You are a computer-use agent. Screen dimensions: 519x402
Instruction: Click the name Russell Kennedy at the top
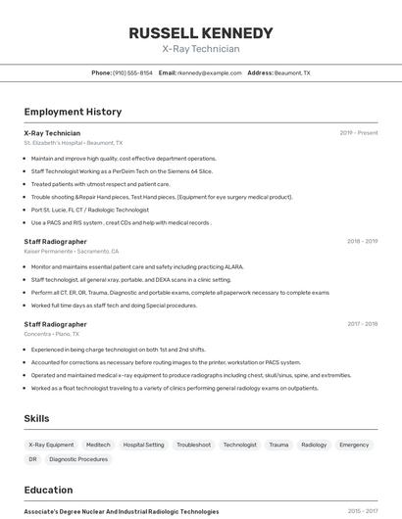(200, 33)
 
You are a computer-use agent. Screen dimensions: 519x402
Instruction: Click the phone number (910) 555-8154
(132, 72)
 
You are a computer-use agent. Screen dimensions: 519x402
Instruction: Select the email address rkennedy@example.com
(210, 72)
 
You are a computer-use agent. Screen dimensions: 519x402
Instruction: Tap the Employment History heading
(73, 112)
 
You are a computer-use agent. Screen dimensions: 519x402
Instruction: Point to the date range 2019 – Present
(358, 133)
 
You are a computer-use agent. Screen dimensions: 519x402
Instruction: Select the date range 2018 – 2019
(361, 241)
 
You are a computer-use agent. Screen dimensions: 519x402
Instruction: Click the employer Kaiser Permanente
(47, 251)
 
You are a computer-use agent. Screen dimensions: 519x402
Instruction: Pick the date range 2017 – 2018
(361, 324)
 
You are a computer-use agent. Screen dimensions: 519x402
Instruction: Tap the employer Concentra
(39, 334)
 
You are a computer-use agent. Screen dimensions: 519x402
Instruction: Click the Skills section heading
(36, 418)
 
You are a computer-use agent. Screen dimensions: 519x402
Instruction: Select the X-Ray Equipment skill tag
(51, 445)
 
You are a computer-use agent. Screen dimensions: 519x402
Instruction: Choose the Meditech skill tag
(98, 445)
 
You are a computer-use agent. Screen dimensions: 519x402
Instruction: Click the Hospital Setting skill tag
(143, 445)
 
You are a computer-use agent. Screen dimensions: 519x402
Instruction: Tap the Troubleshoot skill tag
(193, 445)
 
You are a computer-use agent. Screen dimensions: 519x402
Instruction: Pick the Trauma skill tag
(278, 445)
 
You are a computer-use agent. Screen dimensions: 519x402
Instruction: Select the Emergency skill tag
(354, 445)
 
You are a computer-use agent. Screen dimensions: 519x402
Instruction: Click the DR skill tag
(32, 459)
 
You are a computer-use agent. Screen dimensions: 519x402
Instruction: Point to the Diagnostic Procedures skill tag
(78, 459)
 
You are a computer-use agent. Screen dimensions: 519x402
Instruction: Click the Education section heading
(48, 490)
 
